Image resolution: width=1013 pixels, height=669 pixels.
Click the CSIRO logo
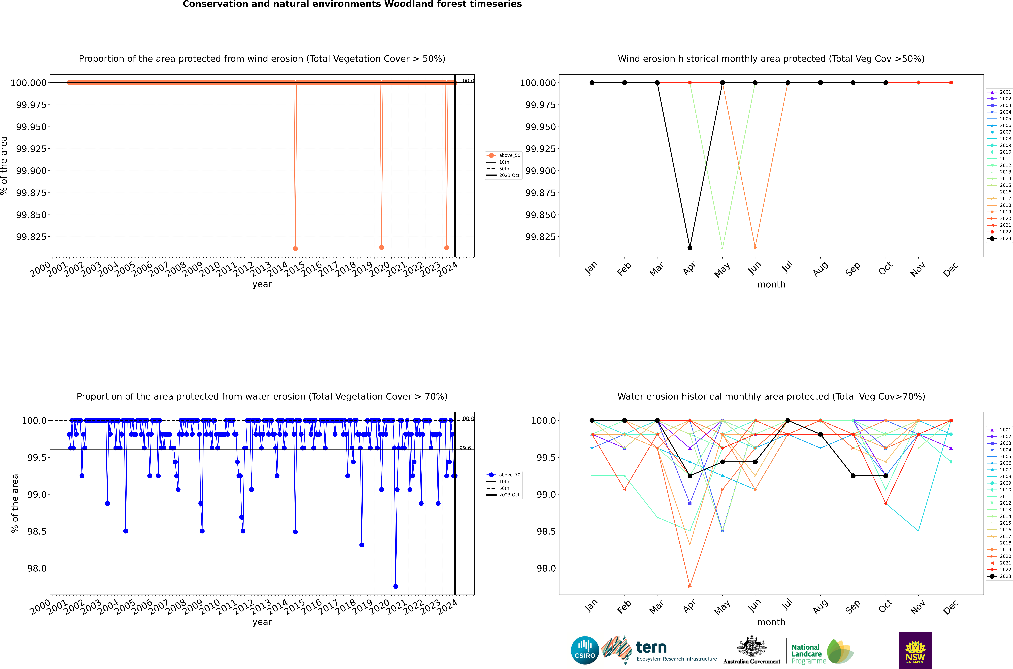(585, 650)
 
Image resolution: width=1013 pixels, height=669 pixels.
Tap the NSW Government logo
(915, 650)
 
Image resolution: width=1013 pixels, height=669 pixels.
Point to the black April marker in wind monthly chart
(690, 247)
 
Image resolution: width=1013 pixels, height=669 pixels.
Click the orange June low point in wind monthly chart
(755, 247)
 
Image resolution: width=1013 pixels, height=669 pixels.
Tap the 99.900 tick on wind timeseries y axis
(31, 171)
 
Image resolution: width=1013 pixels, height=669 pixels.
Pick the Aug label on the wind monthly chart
(820, 269)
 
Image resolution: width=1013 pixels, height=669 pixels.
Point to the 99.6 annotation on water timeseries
(465, 448)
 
